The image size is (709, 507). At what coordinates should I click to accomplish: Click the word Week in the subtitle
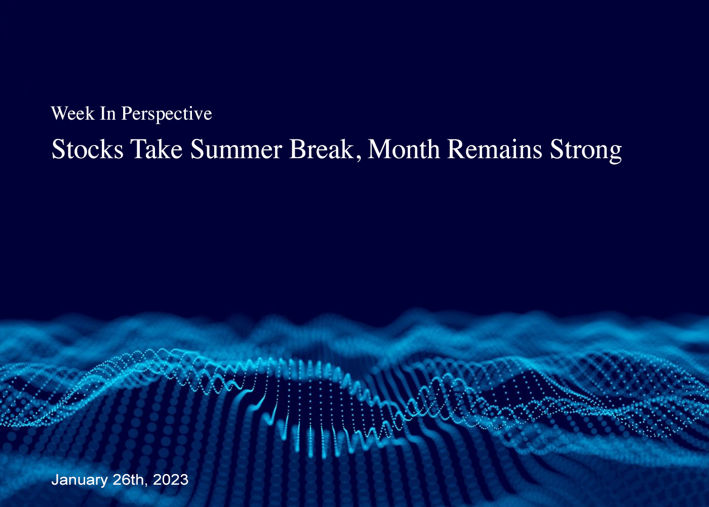click(73, 113)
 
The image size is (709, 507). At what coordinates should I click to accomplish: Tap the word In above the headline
click(108, 114)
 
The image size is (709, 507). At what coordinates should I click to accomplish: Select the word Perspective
click(167, 115)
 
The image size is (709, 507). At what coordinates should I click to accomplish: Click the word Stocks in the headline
click(87, 149)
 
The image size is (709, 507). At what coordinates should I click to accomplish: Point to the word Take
click(156, 149)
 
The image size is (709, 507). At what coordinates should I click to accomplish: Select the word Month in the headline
click(404, 149)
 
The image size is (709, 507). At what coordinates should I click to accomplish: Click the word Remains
click(494, 149)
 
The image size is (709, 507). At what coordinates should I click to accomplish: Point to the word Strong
click(585, 151)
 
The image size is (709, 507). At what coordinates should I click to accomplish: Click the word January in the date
click(80, 480)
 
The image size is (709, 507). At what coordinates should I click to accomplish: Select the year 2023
click(171, 480)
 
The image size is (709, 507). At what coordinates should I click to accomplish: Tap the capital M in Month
click(379, 149)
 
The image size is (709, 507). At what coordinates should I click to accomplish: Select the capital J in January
click(55, 480)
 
